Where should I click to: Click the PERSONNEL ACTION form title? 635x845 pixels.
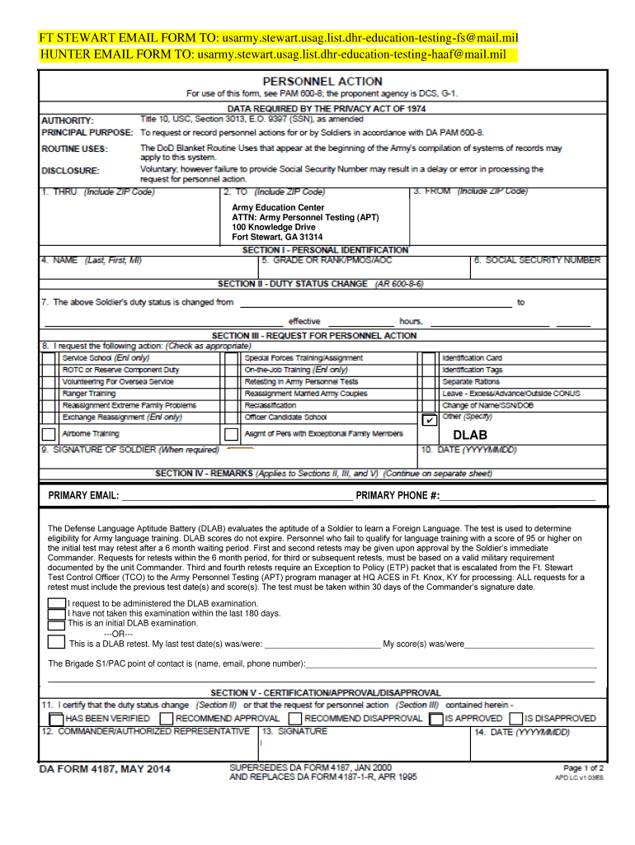322,81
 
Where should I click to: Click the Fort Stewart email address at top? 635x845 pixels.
369,39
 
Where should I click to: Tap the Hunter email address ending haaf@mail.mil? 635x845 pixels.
350,54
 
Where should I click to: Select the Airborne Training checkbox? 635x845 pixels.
49,434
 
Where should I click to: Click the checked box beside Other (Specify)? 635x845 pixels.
429,420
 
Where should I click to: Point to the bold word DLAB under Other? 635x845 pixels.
470,435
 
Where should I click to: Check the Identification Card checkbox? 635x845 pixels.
429,358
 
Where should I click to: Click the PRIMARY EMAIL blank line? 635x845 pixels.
236,496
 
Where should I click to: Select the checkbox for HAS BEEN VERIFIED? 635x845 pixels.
56,719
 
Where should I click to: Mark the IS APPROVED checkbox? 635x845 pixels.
436,719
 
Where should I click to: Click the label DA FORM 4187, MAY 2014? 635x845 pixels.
106,770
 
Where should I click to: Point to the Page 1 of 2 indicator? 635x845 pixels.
583,767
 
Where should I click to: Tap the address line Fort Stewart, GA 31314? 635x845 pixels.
277,237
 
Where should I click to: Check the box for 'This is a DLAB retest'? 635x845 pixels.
56,641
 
